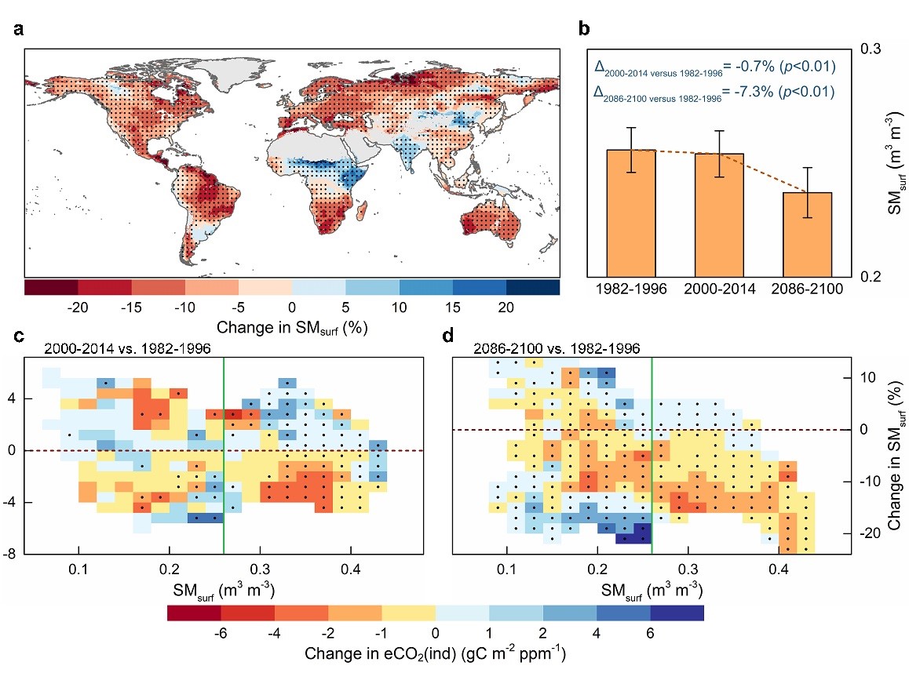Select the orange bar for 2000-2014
point(720,216)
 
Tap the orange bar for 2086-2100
point(808,235)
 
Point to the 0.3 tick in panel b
point(871,49)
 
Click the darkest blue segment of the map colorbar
point(532,286)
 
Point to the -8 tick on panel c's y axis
point(24,555)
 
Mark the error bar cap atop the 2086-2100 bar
point(808,168)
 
